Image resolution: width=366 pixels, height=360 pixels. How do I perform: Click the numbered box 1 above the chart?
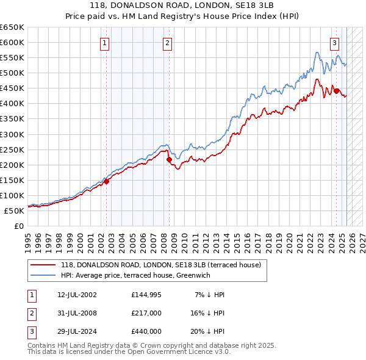(x=105, y=43)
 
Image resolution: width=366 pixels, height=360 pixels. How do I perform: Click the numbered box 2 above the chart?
(x=167, y=43)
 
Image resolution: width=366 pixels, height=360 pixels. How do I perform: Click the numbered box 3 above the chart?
(x=335, y=43)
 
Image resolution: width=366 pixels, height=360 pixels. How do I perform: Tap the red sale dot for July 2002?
(x=106, y=181)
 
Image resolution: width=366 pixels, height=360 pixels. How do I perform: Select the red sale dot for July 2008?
(x=169, y=159)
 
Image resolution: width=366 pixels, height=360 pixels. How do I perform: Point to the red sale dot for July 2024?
(x=336, y=91)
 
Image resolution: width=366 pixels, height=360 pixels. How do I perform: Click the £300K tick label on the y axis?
(x=12, y=134)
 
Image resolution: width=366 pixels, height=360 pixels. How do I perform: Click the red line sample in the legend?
(x=43, y=265)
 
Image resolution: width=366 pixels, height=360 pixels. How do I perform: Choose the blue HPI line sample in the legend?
(x=43, y=275)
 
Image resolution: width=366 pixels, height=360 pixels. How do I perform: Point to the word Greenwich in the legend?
(x=193, y=275)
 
